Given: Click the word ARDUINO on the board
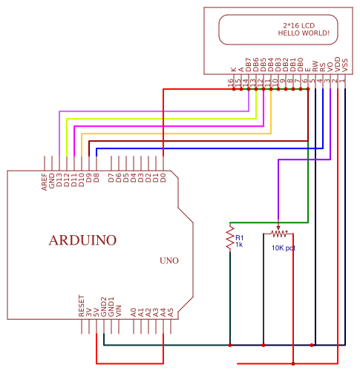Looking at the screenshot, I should [x=82, y=240].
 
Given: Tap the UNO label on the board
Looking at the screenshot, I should [x=168, y=260].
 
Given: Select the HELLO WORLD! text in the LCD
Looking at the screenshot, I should [x=303, y=33].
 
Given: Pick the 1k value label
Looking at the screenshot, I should [x=239, y=244].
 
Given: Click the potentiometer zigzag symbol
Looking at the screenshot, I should [x=278, y=232].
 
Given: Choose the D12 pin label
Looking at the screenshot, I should [x=67, y=179].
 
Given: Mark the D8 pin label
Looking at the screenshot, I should [x=96, y=178].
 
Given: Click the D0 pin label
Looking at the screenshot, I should [x=163, y=178].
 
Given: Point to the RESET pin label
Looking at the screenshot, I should [x=82, y=306].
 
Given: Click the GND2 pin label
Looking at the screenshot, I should [x=104, y=307].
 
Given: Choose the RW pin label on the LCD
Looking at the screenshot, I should [x=315, y=66].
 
